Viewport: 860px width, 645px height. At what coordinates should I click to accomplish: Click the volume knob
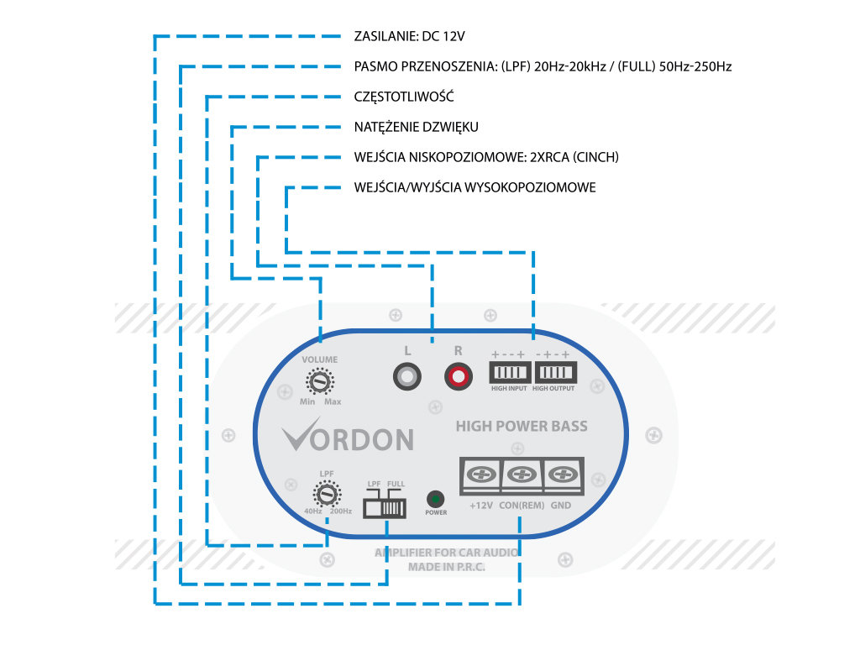click(x=319, y=383)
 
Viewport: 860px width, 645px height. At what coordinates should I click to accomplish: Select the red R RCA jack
click(x=458, y=375)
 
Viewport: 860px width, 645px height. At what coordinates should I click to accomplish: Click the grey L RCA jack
click(x=407, y=375)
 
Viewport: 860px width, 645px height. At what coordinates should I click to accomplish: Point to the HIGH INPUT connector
click(x=509, y=372)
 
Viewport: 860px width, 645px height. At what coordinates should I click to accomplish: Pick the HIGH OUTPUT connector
click(x=553, y=372)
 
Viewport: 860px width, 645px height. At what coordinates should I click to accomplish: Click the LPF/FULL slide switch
click(x=385, y=507)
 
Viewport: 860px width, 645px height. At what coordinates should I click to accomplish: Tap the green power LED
click(x=436, y=498)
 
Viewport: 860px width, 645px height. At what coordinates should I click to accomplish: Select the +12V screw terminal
click(x=481, y=475)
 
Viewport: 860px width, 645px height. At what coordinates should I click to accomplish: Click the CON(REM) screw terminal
click(x=522, y=475)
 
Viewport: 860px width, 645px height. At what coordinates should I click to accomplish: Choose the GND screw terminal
click(x=561, y=475)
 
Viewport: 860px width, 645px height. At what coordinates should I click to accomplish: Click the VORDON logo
click(x=348, y=438)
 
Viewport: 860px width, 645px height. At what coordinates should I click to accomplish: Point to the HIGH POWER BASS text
click(x=522, y=426)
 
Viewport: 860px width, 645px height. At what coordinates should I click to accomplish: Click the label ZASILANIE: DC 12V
click(x=410, y=36)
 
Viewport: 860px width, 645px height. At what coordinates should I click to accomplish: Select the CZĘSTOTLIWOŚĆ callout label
click(x=404, y=97)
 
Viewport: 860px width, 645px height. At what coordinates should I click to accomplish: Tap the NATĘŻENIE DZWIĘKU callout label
click(x=417, y=127)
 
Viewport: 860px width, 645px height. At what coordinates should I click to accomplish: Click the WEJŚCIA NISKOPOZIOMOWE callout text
click(x=487, y=157)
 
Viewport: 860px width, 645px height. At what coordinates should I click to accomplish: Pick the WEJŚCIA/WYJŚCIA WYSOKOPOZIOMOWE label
click(x=475, y=187)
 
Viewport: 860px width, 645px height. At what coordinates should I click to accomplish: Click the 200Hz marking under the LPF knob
click(x=341, y=511)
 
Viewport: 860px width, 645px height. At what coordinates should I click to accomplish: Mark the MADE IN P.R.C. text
click(x=447, y=567)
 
